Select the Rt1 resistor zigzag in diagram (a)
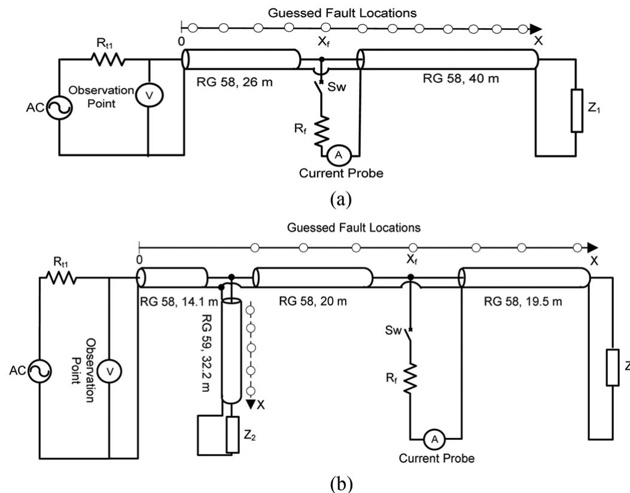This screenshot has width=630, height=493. click(108, 59)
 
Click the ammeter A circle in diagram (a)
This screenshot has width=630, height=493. click(339, 154)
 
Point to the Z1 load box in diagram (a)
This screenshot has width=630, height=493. click(576, 111)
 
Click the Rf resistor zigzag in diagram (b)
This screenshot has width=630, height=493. click(410, 379)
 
